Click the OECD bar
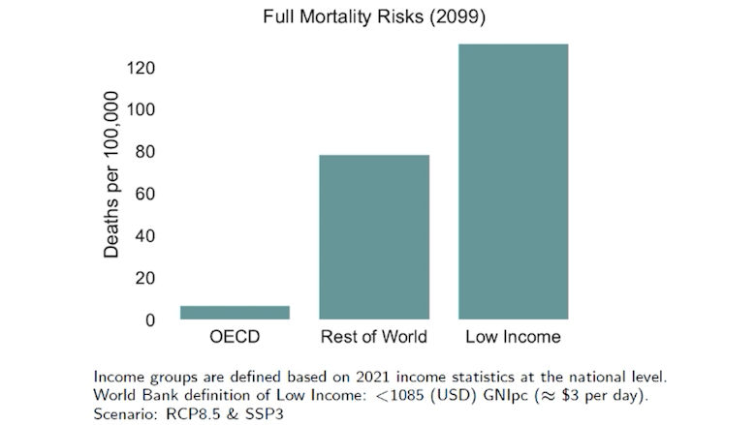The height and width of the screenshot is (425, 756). tap(235, 313)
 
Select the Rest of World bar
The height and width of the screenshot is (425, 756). tap(374, 237)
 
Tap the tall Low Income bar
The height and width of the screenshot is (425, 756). tap(513, 182)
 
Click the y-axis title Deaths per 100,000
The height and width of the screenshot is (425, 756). tap(111, 175)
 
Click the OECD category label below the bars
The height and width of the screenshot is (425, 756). tap(235, 338)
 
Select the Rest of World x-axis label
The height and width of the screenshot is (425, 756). tap(374, 338)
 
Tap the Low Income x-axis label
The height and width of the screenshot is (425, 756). tap(513, 338)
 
